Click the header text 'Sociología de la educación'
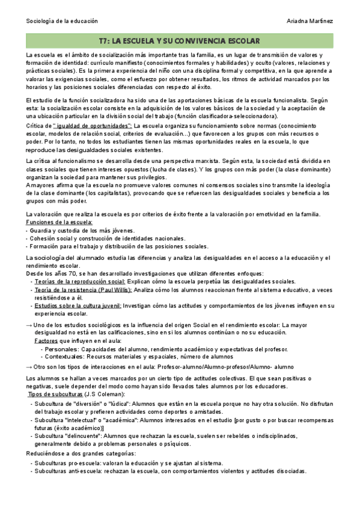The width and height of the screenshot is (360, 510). tap(62, 21)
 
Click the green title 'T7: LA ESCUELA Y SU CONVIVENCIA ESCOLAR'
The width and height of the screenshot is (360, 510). tap(179, 41)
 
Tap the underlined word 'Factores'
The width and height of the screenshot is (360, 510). tap(47, 340)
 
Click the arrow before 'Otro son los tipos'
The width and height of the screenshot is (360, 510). tap(29, 366)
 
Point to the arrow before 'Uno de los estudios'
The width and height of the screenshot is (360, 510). tap(29, 325)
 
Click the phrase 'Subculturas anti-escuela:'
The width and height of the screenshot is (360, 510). tap(68, 472)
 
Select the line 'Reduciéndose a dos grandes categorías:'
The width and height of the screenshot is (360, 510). tap(81, 453)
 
